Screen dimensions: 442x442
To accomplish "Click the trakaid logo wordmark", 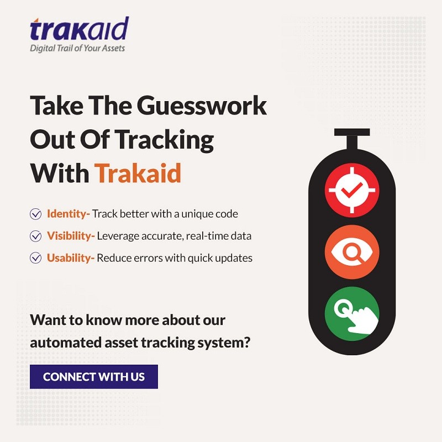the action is tap(79, 29).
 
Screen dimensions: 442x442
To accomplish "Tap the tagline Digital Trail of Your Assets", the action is tap(77, 48).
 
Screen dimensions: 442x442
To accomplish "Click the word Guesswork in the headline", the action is tap(202, 106).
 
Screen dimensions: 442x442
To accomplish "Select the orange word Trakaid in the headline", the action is tap(138, 173).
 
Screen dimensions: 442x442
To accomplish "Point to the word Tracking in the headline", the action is tap(164, 140).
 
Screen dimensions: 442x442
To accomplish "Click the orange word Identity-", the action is tap(68, 214).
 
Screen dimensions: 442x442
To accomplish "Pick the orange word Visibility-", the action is tap(71, 236).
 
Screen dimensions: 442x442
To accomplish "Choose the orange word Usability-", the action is tap(71, 258).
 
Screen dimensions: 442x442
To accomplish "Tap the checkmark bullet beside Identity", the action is tap(35, 214).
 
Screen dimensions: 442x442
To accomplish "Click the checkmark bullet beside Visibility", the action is tap(35, 236).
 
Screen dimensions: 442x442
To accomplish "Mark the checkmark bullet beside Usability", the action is tap(35, 258).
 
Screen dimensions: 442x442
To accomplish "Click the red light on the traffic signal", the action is tap(352, 190).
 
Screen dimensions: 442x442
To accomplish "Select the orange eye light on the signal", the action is tap(352, 252).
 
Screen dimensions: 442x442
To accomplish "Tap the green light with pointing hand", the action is tap(352, 314).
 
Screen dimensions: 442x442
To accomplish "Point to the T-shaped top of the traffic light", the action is tap(352, 139).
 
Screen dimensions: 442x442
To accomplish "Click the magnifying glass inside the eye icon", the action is tap(352, 252).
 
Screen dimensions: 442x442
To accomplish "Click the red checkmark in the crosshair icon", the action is tap(352, 190).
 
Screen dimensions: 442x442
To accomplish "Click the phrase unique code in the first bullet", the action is tap(209, 214).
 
